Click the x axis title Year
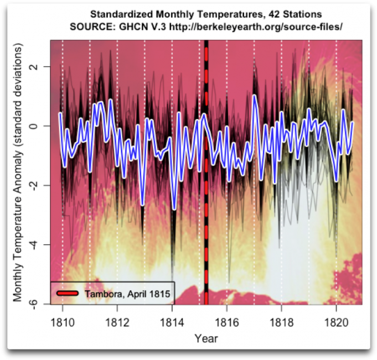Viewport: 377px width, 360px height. point(206,338)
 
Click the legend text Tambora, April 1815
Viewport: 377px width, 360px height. point(127,292)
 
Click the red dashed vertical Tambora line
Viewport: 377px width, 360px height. point(206,221)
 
